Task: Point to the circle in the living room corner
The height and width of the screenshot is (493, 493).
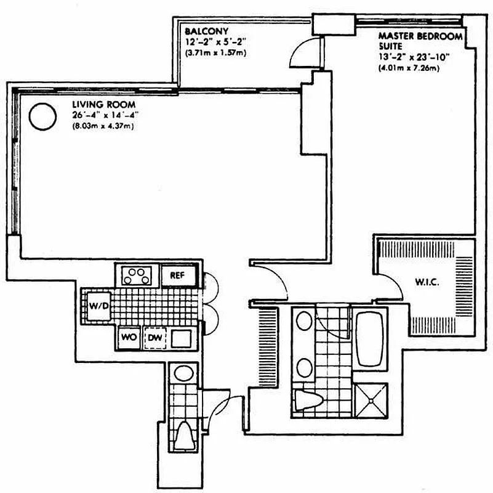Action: tap(43, 116)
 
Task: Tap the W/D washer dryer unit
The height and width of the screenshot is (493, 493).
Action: tap(97, 306)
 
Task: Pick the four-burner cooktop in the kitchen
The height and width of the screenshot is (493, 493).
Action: tap(137, 275)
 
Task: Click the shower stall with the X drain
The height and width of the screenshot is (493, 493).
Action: tap(372, 400)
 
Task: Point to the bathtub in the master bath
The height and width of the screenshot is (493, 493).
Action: tap(370, 340)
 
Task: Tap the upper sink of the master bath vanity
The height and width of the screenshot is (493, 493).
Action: tap(304, 322)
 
